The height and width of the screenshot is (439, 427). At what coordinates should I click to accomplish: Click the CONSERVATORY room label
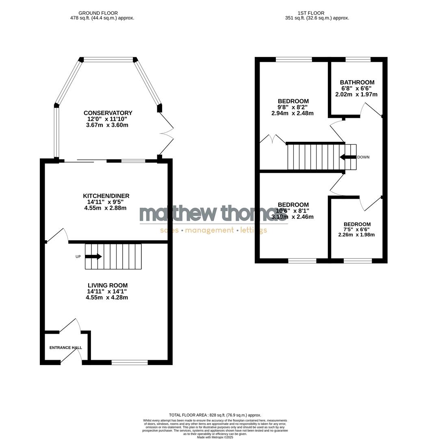pyautogui.click(x=108, y=113)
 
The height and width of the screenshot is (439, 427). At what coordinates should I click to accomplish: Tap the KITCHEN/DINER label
pyautogui.click(x=106, y=196)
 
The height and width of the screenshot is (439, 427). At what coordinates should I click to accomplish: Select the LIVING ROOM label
pyautogui.click(x=107, y=285)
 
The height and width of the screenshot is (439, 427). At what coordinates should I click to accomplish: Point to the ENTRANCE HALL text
pyautogui.click(x=65, y=348)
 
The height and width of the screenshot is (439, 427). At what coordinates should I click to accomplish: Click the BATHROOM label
pyautogui.click(x=357, y=83)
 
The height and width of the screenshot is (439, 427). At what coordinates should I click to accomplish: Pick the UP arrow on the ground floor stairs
pyautogui.click(x=93, y=256)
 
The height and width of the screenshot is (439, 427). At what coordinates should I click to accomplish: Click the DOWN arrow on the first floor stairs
pyautogui.click(x=348, y=157)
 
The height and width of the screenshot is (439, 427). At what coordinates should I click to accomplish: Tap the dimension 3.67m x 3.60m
pyautogui.click(x=107, y=125)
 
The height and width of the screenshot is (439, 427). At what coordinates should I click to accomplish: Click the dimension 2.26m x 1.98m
pyautogui.click(x=357, y=235)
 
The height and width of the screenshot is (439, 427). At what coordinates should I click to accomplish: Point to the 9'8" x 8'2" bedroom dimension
pyautogui.click(x=293, y=107)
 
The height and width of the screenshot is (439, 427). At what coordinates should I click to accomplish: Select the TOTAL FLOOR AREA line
pyautogui.click(x=215, y=415)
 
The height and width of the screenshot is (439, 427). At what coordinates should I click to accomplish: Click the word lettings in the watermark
pyautogui.click(x=254, y=230)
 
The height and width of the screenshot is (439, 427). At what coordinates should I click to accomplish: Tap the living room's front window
pyautogui.click(x=130, y=362)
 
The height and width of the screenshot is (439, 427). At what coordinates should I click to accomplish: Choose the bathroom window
pyautogui.click(x=358, y=59)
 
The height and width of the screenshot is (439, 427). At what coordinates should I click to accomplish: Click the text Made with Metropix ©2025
pyautogui.click(x=215, y=437)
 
